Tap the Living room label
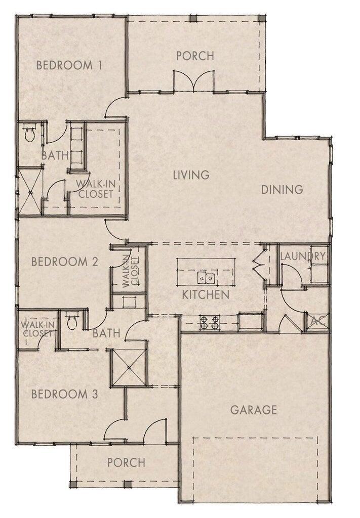click(191, 175)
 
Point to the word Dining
click(282, 190)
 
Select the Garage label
click(254, 409)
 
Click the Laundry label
click(302, 256)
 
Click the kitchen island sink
click(206, 277)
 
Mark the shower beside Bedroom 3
click(129, 367)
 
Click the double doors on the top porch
click(194, 81)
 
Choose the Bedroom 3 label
click(64, 394)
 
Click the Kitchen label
click(206, 294)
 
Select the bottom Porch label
click(126, 462)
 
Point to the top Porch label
click(195, 56)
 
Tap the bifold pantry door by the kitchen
click(259, 263)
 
